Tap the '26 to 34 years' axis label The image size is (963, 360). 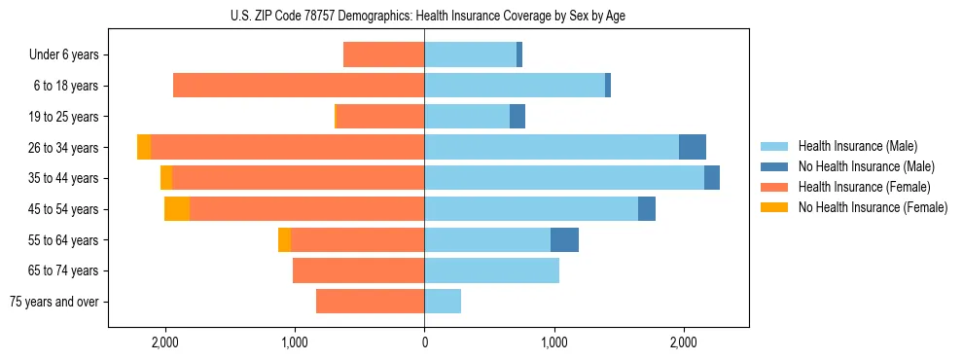point(64,148)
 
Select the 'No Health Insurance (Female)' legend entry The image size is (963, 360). point(873,207)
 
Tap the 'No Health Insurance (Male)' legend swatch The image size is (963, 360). point(774,166)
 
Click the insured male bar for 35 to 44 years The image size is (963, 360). point(564,178)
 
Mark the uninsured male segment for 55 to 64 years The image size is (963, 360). point(564,239)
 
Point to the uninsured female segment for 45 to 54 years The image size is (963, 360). point(177,209)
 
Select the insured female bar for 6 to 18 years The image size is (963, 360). point(299,86)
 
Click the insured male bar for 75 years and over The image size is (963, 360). point(443,302)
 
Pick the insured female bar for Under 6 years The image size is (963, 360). point(383,55)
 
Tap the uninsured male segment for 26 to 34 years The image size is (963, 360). point(693,148)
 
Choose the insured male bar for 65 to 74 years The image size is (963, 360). point(491,270)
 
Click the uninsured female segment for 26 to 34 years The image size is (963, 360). point(144,148)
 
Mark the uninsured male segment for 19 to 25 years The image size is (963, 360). point(517,117)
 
